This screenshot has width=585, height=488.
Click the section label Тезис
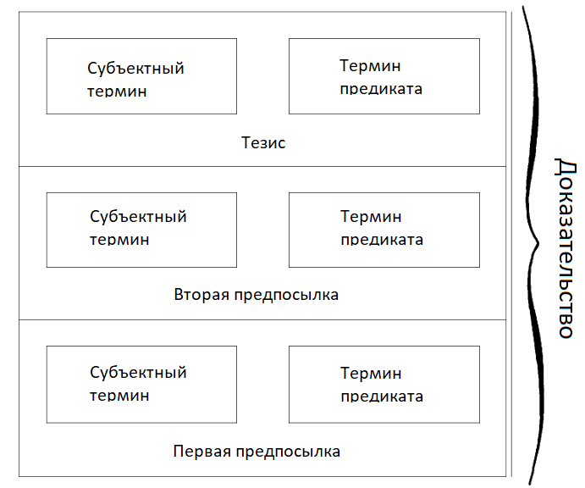pos(263,142)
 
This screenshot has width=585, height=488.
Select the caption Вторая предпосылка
pos(256,295)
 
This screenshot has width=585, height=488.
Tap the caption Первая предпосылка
pos(256,451)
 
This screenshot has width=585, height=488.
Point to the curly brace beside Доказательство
pos(533,246)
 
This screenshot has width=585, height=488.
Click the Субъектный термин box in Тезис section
pos(141,76)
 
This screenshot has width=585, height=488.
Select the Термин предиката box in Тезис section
pos(384,76)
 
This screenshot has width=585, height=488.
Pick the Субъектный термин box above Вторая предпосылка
pos(141,230)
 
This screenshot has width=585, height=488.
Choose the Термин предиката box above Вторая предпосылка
pos(384,230)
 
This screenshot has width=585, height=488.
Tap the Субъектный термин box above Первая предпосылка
pos(141,384)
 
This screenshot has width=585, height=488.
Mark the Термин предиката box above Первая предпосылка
pos(384,384)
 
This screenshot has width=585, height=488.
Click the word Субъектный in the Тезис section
pos(135,69)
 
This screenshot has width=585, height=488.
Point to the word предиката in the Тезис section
pos(381,89)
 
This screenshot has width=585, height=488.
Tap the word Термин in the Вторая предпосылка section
pos(371,218)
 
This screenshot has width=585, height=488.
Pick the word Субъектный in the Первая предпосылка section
pos(138,373)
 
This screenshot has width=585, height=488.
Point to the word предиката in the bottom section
pos(382,396)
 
